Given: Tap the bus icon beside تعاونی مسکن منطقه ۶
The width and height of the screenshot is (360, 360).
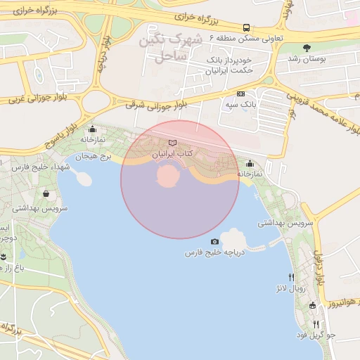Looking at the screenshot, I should (x=246, y=28).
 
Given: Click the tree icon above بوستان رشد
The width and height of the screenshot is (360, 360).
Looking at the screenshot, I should (x=307, y=48).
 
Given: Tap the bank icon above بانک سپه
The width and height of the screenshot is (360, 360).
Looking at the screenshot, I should (x=240, y=94).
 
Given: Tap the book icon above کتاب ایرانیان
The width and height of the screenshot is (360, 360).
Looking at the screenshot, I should (x=173, y=143).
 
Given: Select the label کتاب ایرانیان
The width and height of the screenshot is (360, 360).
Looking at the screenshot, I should (x=173, y=153).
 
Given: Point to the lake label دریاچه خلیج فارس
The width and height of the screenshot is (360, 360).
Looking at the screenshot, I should (x=214, y=252).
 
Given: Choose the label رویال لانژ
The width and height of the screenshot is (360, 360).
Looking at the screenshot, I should (x=290, y=288).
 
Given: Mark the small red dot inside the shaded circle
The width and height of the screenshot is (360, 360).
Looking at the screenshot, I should (x=167, y=176).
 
